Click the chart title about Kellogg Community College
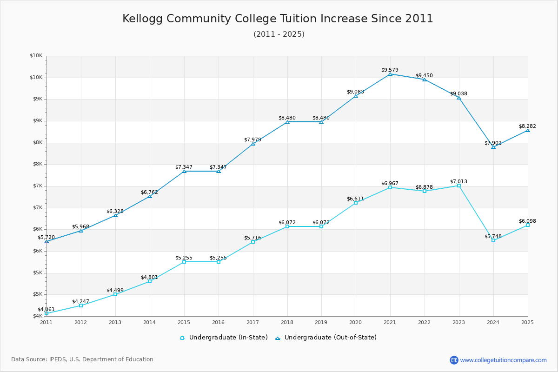[278, 19]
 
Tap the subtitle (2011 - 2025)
[279, 34]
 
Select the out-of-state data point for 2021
[390, 74]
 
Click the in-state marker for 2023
[459, 186]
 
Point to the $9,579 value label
[390, 70]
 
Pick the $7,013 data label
[458, 181]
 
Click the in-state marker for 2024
[493, 240]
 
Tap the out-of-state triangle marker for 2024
[493, 147]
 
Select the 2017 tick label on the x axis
[252, 322]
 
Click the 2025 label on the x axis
[527, 322]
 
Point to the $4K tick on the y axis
[37, 316]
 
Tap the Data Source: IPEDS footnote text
[82, 359]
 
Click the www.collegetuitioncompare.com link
[503, 360]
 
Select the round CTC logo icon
[454, 360]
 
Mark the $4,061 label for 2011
[46, 309]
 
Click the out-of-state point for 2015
[184, 171]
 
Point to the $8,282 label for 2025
[527, 126]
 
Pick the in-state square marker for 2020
[356, 203]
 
